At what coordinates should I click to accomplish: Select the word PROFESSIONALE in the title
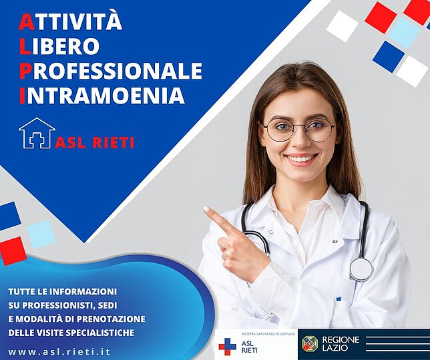point(111,70)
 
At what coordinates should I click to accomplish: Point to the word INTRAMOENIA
point(101,95)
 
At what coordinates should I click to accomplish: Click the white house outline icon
point(37,133)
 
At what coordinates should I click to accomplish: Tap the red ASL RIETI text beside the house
point(95,142)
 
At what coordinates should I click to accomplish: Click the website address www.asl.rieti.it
point(59,352)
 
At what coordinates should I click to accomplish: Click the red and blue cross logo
point(227,347)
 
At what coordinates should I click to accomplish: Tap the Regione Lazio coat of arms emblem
point(310,343)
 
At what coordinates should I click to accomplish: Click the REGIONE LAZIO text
point(341,344)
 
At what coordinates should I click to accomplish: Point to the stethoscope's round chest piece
point(361,269)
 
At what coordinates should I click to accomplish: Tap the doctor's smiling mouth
point(300,158)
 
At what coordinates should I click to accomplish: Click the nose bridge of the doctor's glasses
point(300,126)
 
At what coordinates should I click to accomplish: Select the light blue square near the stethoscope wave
point(41,234)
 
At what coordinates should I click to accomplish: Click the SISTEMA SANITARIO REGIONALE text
point(268,334)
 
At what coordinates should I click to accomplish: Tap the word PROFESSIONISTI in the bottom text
point(57,305)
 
